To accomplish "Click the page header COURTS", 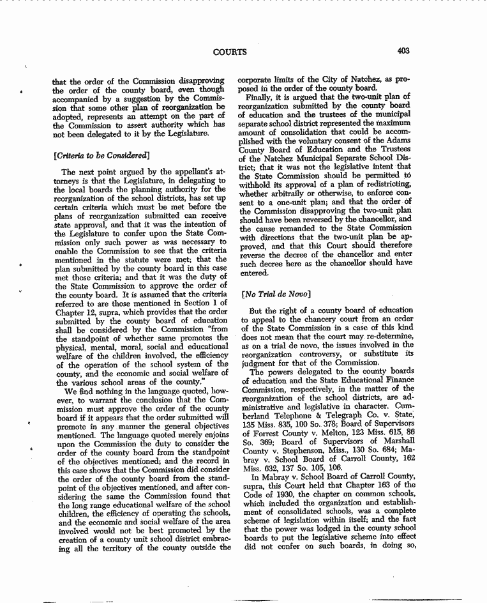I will [x=229, y=52].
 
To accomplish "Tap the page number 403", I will [x=402, y=51].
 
